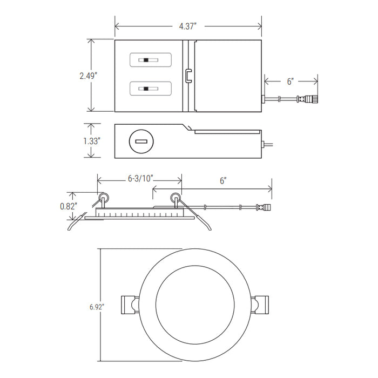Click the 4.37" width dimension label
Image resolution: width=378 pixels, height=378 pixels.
[188, 26]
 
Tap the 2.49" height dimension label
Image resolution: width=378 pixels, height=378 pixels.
[88, 76]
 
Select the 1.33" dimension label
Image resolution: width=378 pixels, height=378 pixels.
[91, 141]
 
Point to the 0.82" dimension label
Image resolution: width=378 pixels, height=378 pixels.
[69, 206]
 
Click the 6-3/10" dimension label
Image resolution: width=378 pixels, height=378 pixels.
[141, 179]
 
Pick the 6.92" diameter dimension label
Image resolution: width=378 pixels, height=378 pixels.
[97, 307]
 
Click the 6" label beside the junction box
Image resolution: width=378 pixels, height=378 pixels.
[291, 81]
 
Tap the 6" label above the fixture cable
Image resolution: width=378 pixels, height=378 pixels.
[223, 181]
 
